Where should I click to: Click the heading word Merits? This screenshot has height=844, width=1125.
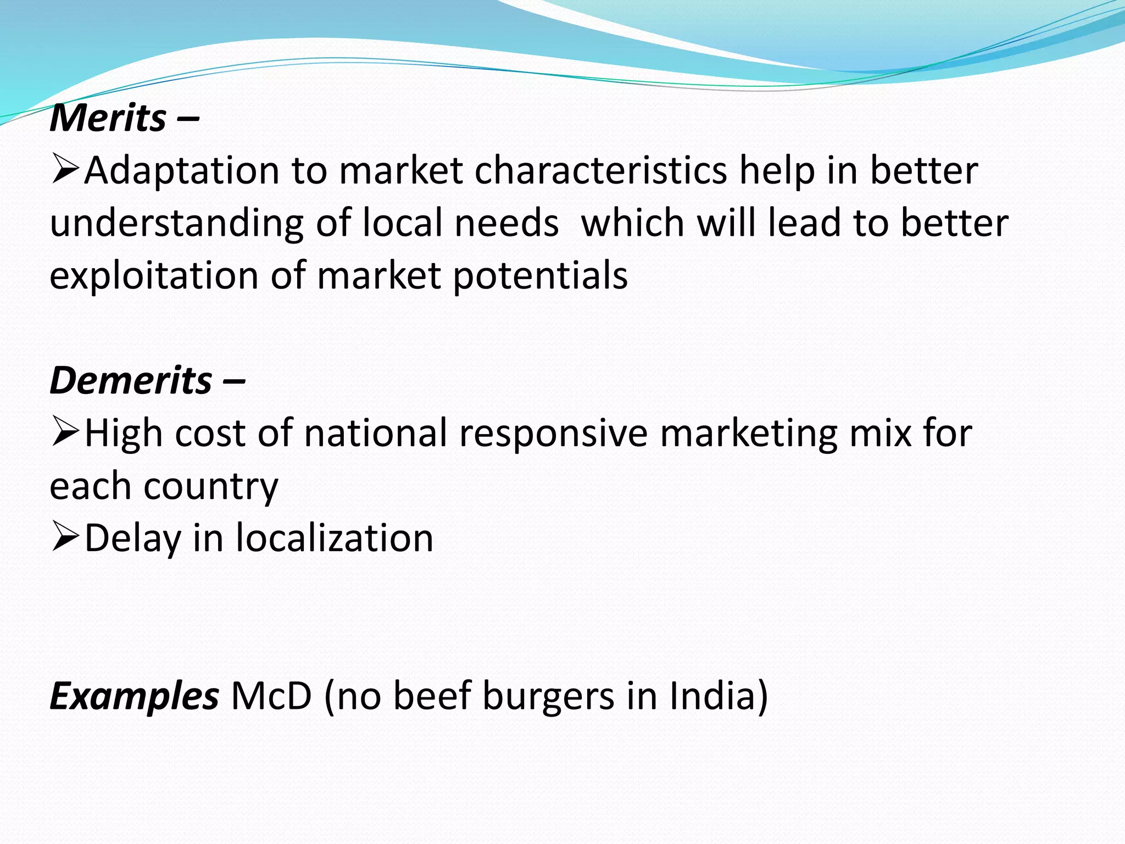pos(108,118)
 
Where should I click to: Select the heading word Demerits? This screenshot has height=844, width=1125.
pos(131,380)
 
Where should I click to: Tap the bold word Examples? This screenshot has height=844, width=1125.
pos(134,696)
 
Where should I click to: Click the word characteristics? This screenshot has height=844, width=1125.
pos(601,170)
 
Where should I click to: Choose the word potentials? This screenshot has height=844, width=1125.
pos(541,275)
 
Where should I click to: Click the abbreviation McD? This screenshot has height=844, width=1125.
pos(271,696)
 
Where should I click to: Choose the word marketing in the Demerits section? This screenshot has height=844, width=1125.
pos(749,433)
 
